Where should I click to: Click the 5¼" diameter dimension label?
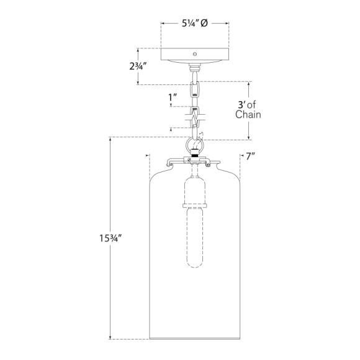(x=195, y=23)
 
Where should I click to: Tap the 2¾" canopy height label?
(x=138, y=66)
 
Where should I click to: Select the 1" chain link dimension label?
(x=173, y=97)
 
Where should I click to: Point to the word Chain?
(x=248, y=115)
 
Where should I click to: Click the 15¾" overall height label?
(x=110, y=238)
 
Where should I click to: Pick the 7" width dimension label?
(x=251, y=156)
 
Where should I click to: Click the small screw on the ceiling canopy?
(x=195, y=54)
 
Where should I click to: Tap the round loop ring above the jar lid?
(x=194, y=144)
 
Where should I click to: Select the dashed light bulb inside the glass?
(x=195, y=238)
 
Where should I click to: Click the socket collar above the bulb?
(x=195, y=205)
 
